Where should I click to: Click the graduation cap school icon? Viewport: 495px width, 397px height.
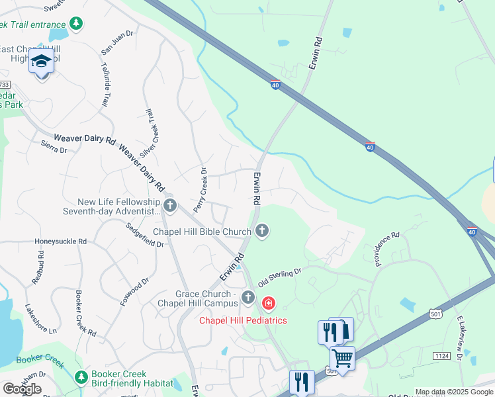[x=42, y=62]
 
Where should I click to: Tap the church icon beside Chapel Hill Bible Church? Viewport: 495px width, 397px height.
[x=262, y=231]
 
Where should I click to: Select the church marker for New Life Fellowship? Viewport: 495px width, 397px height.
[x=170, y=205]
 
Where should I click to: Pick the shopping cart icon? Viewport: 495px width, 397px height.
[x=342, y=359]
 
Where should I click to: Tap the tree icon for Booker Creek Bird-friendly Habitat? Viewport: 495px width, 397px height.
[x=81, y=377]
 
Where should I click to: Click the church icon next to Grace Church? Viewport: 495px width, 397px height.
[x=248, y=297]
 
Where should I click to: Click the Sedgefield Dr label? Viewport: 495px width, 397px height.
[x=145, y=235]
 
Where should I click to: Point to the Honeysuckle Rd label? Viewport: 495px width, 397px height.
[x=61, y=242]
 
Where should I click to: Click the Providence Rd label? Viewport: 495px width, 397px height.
[x=387, y=248]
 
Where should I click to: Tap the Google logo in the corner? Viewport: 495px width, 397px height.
[x=22, y=389]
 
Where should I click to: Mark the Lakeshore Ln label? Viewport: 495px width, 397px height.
[x=41, y=318]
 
